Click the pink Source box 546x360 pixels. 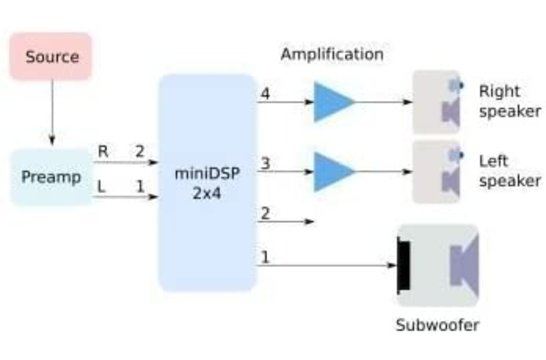[x=50, y=56]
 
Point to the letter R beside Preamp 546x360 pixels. [x=102, y=151]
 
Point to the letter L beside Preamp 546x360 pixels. [x=102, y=185]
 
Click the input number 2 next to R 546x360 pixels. [x=140, y=151]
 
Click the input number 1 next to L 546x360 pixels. [x=140, y=185]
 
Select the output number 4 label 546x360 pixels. [x=265, y=95]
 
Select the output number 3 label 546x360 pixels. [x=265, y=162]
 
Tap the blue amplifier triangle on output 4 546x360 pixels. [x=333, y=103]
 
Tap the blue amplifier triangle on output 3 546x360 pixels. [x=333, y=170]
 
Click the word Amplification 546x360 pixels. [x=331, y=54]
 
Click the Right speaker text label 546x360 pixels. [x=506, y=99]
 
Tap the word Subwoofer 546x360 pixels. [x=438, y=325]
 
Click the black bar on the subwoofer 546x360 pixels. [x=405, y=266]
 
